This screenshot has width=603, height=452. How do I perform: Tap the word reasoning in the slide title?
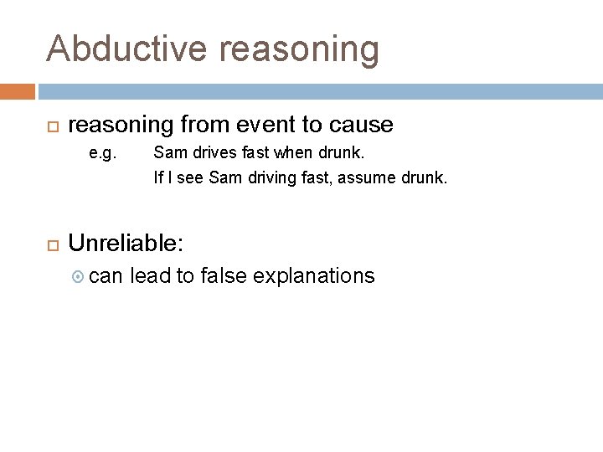click(x=301, y=49)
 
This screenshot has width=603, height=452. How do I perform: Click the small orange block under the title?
click(x=18, y=91)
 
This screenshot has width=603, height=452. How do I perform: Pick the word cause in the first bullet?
click(x=361, y=126)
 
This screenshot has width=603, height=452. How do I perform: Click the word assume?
click(x=376, y=177)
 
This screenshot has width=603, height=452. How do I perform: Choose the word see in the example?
click(x=190, y=177)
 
